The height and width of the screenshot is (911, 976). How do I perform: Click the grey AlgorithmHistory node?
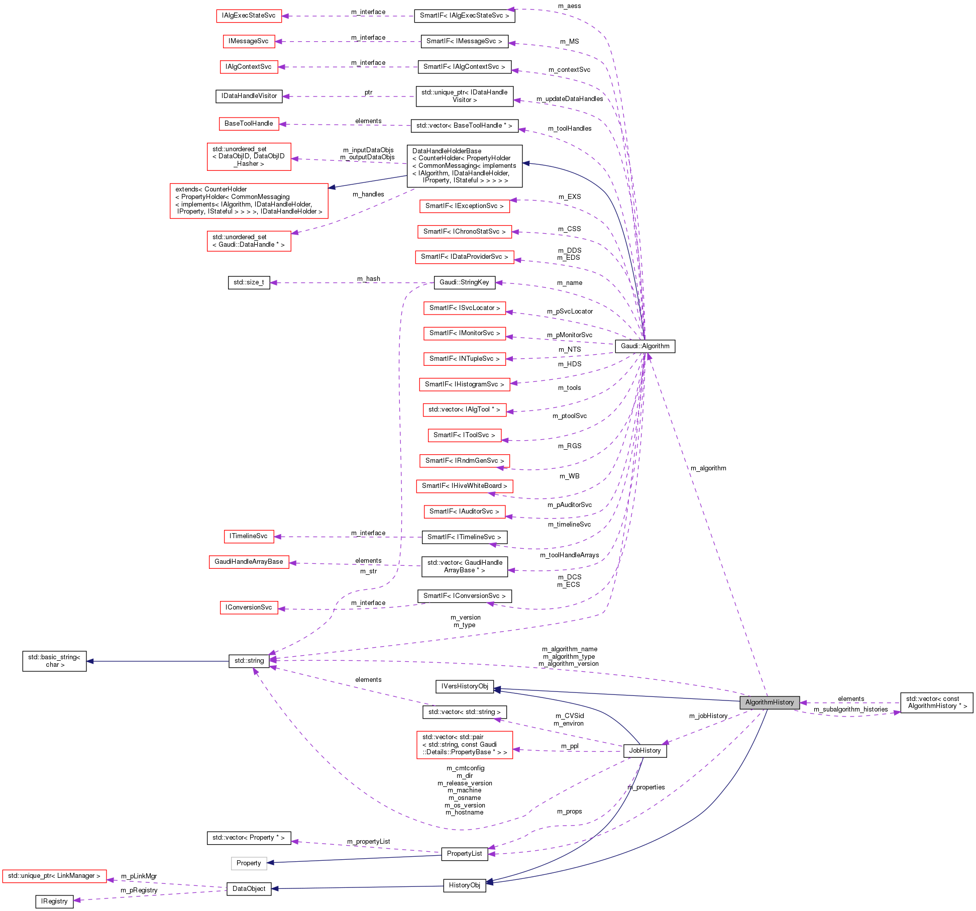point(769,702)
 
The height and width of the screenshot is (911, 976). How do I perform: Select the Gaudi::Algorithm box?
point(644,346)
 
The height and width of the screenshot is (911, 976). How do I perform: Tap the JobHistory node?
point(644,750)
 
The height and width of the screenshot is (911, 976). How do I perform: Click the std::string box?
point(249,660)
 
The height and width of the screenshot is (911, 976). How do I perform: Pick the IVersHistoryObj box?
point(464,686)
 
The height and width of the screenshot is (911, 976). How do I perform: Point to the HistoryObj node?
point(464,885)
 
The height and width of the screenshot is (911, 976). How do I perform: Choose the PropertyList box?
point(464,853)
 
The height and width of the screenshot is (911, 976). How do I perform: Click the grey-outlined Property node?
point(249,863)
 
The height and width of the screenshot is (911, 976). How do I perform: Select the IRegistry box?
point(54,901)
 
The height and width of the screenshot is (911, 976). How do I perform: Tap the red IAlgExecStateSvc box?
point(249,16)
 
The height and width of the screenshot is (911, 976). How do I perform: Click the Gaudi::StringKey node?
point(464,282)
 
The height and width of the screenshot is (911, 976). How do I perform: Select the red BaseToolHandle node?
point(249,123)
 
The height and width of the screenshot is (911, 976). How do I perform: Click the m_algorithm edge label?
point(708,468)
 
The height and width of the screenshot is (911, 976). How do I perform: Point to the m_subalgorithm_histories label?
point(850,710)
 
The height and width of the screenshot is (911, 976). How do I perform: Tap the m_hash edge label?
point(368,278)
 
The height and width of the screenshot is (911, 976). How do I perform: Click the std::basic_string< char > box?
point(54,661)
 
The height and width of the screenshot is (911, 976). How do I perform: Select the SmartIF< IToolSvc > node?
point(464,435)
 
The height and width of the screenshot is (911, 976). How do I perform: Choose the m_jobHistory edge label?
point(708,716)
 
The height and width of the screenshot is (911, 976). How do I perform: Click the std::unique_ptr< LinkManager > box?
point(54,875)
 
